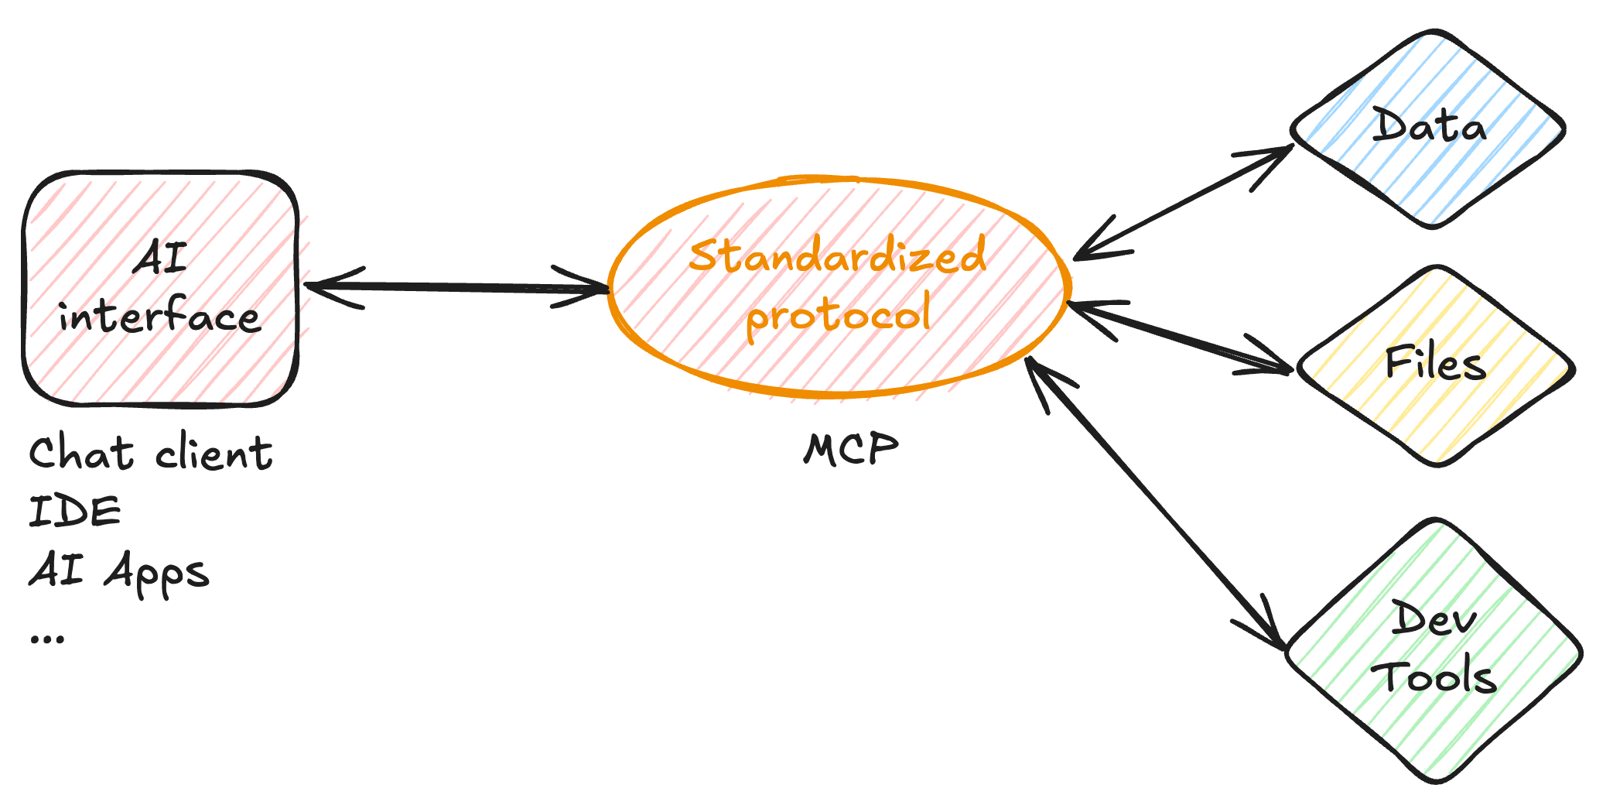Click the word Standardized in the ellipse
837,255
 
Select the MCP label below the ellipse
850,449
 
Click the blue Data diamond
1428,128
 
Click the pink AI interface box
161,288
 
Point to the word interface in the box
159,317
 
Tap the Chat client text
151,453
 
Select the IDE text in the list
75,512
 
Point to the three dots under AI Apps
47,639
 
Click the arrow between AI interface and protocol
456,287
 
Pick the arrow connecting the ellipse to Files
1180,336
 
